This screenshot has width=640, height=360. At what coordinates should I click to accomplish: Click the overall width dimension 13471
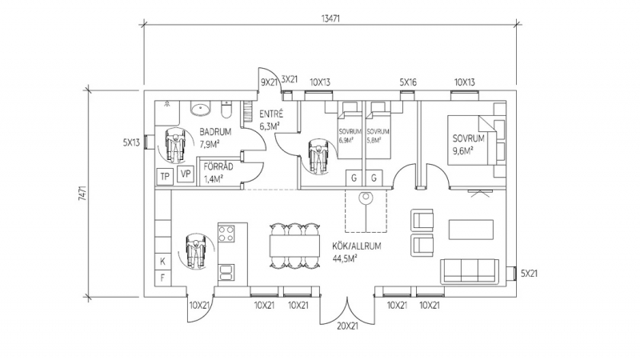330,18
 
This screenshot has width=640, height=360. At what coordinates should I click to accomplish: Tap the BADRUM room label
215,132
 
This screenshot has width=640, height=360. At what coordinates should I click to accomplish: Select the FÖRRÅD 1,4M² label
218,173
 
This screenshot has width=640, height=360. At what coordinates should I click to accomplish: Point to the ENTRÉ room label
271,114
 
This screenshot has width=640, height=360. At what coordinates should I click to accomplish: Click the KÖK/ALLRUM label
356,246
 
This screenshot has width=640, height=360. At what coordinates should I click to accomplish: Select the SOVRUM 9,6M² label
468,145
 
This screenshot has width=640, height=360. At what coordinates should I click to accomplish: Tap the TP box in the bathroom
165,176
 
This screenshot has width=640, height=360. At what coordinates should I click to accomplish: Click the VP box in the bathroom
186,174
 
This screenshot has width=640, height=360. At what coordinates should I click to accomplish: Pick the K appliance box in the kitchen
163,262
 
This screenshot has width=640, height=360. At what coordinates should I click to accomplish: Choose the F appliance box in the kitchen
163,278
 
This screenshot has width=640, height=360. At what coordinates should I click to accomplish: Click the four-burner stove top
226,234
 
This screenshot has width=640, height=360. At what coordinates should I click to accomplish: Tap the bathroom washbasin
201,109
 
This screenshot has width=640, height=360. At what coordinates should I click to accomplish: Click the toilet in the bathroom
226,109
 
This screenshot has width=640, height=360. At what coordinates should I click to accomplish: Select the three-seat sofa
470,271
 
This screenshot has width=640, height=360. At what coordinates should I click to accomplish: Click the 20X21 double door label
347,326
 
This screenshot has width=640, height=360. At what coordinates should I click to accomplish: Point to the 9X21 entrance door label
269,82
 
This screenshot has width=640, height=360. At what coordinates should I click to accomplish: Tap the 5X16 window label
408,82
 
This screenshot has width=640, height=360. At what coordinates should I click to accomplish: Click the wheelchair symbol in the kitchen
195,251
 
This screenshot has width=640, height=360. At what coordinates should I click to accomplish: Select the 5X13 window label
131,142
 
